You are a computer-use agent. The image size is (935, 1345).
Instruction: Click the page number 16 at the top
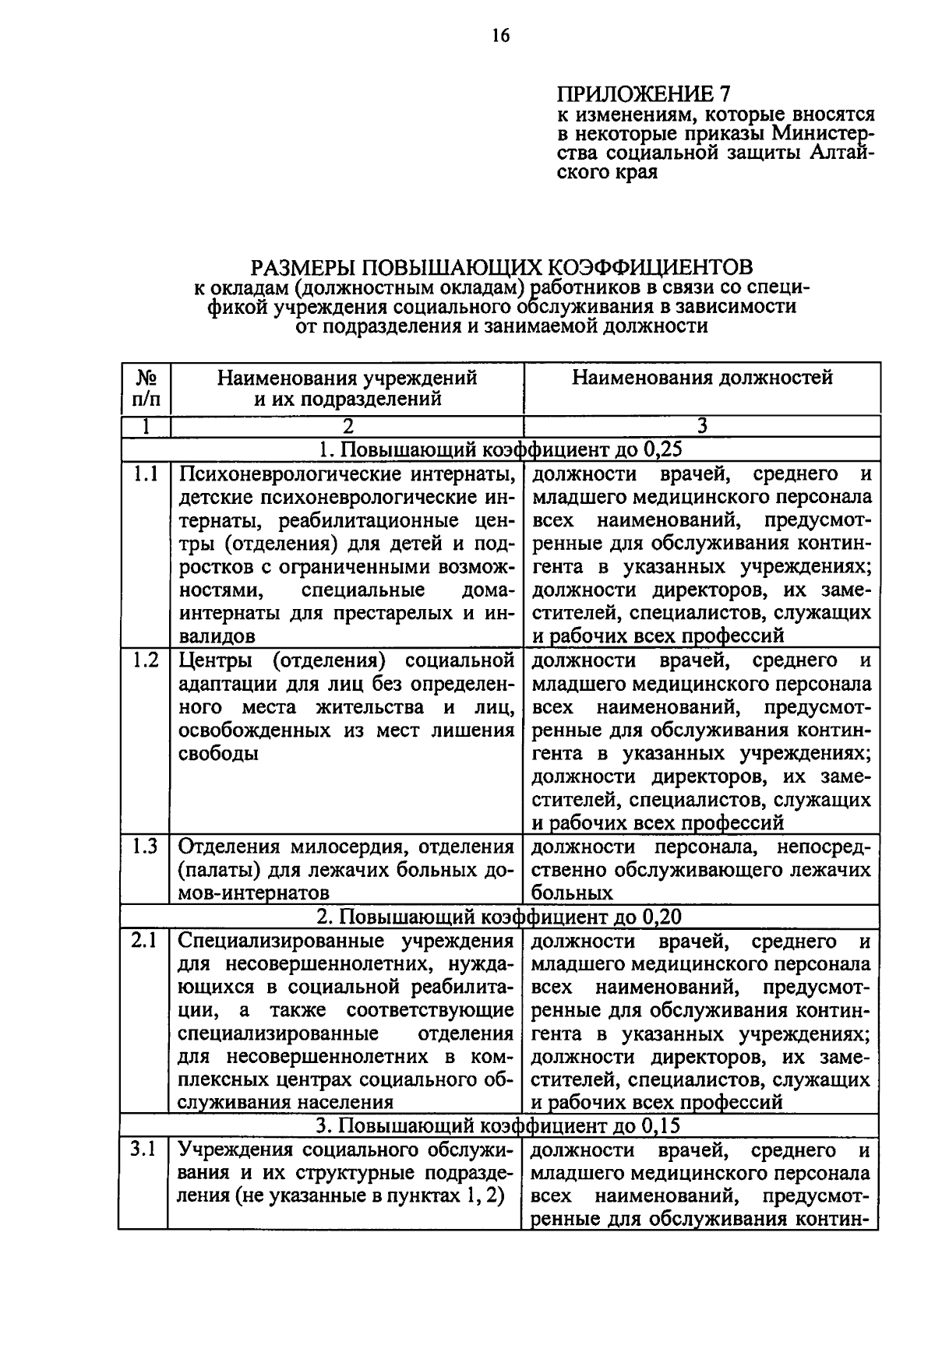tap(499, 35)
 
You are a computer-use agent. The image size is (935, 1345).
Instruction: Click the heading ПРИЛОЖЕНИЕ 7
tap(644, 94)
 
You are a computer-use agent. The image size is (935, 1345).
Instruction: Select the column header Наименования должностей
tap(702, 378)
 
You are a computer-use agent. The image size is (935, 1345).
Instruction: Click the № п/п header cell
tap(146, 388)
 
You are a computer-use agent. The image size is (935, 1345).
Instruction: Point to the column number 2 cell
tap(347, 426)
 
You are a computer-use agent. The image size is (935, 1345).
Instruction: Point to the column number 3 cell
tap(702, 426)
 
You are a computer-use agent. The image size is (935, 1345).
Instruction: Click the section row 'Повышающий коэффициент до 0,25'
tap(501, 449)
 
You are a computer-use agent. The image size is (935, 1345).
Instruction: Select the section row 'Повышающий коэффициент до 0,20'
tap(501, 917)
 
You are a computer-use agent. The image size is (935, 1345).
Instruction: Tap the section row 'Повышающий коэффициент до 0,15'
tap(501, 1126)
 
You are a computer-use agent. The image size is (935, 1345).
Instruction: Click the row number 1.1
tap(146, 474)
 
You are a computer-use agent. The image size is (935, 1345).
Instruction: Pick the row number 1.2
tap(146, 660)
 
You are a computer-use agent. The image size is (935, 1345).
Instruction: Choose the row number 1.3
tap(146, 847)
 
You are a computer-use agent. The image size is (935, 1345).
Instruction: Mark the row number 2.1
tap(146, 941)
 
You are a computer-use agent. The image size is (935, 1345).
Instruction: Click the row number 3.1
tap(146, 1149)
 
